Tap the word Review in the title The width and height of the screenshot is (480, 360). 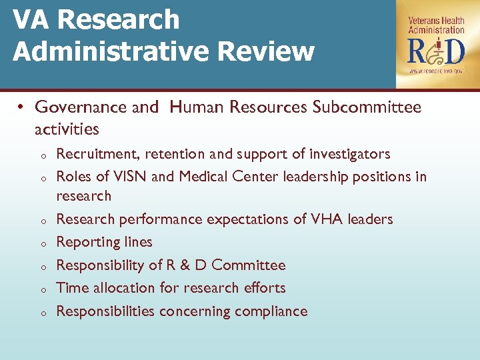[x=271, y=52]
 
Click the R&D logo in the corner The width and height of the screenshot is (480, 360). [x=436, y=51]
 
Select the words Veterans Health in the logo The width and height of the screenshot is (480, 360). [x=436, y=21]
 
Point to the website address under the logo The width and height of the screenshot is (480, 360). [x=436, y=71]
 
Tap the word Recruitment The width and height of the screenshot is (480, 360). [x=97, y=155]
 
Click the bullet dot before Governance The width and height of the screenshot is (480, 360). [x=21, y=108]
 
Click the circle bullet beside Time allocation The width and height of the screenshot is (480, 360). [x=41, y=289]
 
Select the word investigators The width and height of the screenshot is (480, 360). [x=350, y=155]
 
